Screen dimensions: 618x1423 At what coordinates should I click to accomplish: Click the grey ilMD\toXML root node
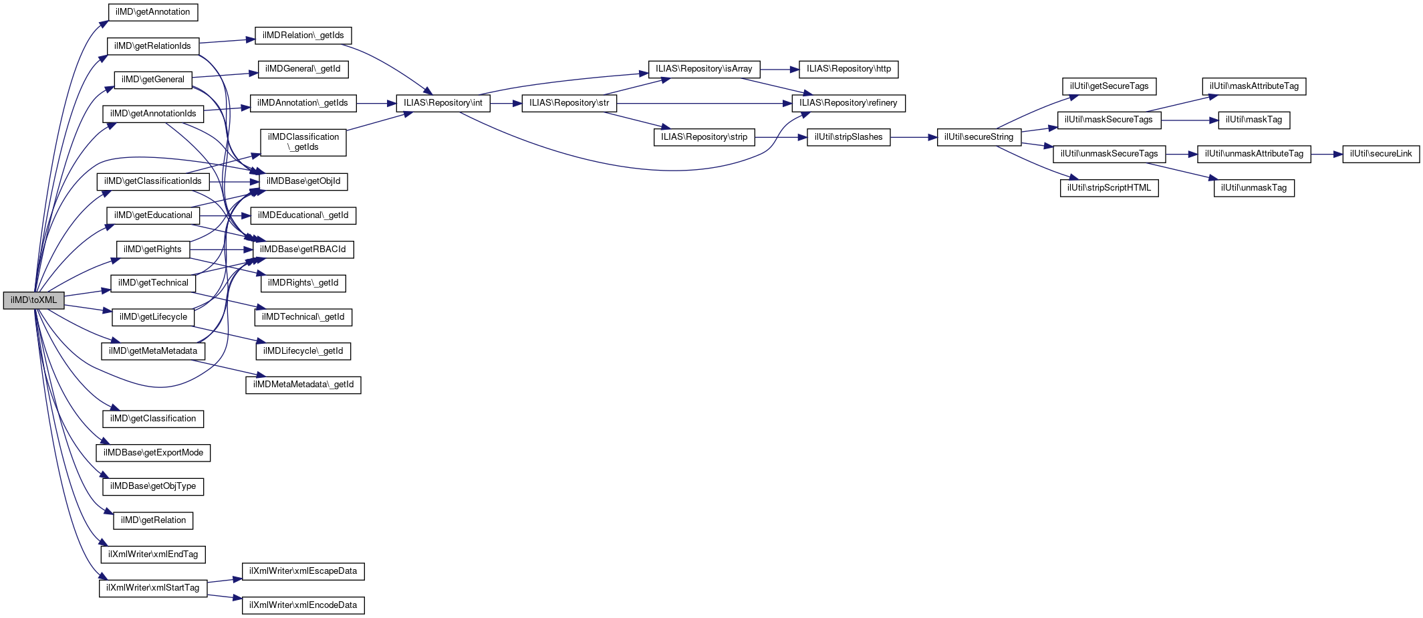point(33,300)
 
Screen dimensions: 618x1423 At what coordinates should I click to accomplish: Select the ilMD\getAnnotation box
point(153,12)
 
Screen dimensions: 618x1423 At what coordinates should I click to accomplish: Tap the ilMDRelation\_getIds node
point(303,35)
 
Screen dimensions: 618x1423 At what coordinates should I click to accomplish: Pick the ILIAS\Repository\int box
point(442,103)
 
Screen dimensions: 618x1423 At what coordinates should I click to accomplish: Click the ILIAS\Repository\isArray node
point(704,69)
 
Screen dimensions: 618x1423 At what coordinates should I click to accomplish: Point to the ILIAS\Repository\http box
point(848,69)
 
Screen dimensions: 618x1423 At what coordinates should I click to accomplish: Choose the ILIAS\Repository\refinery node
point(848,103)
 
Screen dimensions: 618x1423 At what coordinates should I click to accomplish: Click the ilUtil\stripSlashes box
point(848,137)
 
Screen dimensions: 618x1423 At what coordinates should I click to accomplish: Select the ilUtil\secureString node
point(979,137)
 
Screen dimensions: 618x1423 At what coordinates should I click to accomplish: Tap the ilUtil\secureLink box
point(1381,154)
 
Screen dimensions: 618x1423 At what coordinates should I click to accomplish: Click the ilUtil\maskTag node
point(1253,120)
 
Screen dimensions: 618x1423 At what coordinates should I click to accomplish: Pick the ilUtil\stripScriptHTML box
point(1109,188)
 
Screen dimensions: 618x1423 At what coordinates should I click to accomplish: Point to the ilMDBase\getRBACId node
point(303,249)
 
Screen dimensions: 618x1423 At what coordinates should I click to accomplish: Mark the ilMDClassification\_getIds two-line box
point(303,142)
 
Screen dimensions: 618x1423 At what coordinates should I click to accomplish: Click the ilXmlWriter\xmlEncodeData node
point(303,605)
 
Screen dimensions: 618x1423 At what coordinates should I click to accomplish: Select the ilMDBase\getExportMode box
point(153,453)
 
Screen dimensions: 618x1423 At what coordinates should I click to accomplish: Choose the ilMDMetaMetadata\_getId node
point(303,385)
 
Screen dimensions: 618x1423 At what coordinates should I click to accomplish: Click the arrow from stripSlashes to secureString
point(913,137)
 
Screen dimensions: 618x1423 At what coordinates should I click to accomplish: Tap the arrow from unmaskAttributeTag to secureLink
point(1327,154)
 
